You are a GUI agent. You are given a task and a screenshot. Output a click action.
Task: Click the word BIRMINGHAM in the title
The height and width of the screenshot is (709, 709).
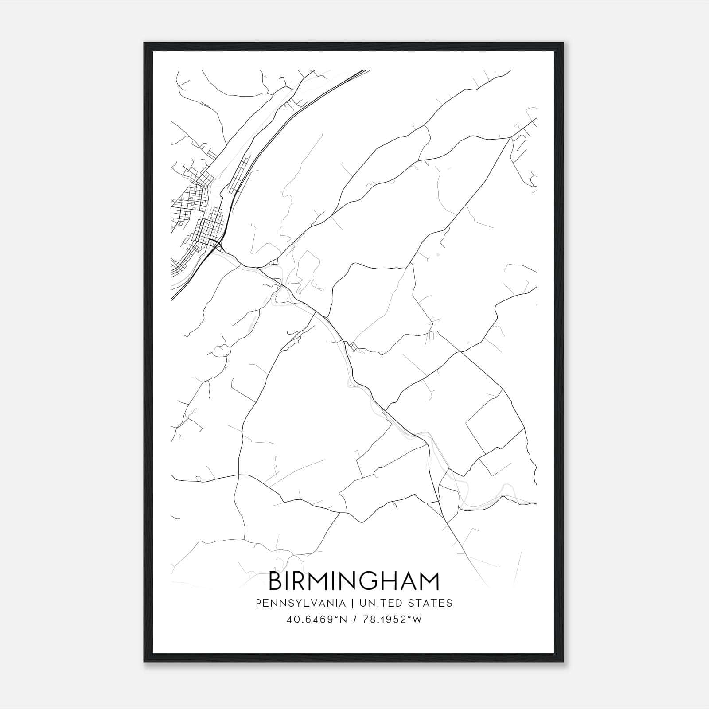coord(354,581)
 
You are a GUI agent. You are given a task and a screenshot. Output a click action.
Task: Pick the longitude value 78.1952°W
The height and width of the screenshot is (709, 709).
coord(392,619)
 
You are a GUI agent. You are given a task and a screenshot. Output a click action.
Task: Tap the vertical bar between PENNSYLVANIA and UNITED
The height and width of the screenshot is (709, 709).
coord(353,603)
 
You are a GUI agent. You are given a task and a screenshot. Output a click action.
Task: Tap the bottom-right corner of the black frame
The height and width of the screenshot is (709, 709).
coord(564,662)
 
